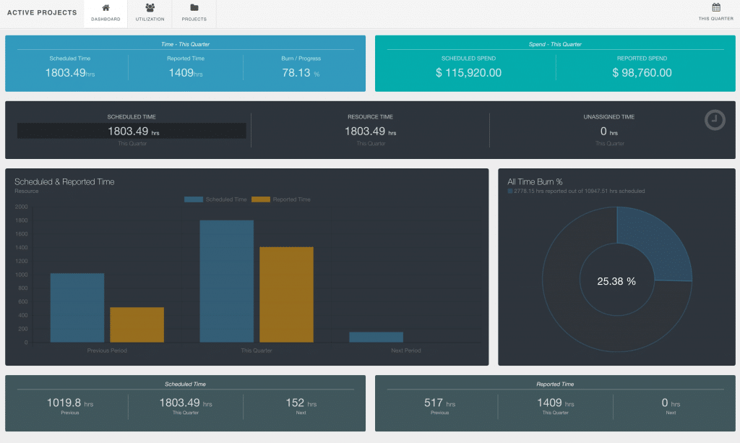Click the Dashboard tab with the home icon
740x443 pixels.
click(106, 13)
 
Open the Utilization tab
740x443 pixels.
click(150, 13)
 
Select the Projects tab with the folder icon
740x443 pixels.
click(194, 13)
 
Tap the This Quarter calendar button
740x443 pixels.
click(716, 12)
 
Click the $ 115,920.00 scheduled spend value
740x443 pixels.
click(468, 72)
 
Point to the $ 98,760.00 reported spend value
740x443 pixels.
click(642, 72)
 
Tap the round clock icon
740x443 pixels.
click(715, 120)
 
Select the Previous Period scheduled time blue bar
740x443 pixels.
click(77, 307)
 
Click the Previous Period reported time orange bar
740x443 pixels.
click(137, 324)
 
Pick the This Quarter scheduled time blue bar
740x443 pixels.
click(226, 281)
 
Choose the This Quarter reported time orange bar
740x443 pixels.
click(286, 294)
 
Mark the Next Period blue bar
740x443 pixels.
click(376, 337)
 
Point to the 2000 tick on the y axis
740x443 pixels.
click(22, 207)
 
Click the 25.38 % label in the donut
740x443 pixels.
click(616, 281)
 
